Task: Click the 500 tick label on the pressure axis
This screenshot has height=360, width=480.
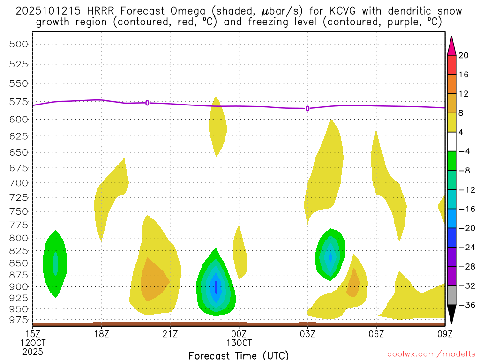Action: (x=19, y=44)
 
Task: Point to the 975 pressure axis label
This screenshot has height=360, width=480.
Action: (x=19, y=320)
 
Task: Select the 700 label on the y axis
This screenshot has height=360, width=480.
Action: (x=19, y=183)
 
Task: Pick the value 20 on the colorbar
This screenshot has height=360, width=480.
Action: (x=464, y=55)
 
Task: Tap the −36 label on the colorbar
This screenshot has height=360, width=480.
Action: (x=465, y=305)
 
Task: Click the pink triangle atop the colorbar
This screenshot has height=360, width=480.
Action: (x=451, y=46)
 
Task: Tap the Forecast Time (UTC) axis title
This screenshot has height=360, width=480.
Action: (x=239, y=355)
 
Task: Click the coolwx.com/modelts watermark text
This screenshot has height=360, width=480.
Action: (x=431, y=353)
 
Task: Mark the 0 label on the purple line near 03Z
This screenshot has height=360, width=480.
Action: (x=307, y=108)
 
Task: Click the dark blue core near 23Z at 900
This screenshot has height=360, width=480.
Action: (x=216, y=286)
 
